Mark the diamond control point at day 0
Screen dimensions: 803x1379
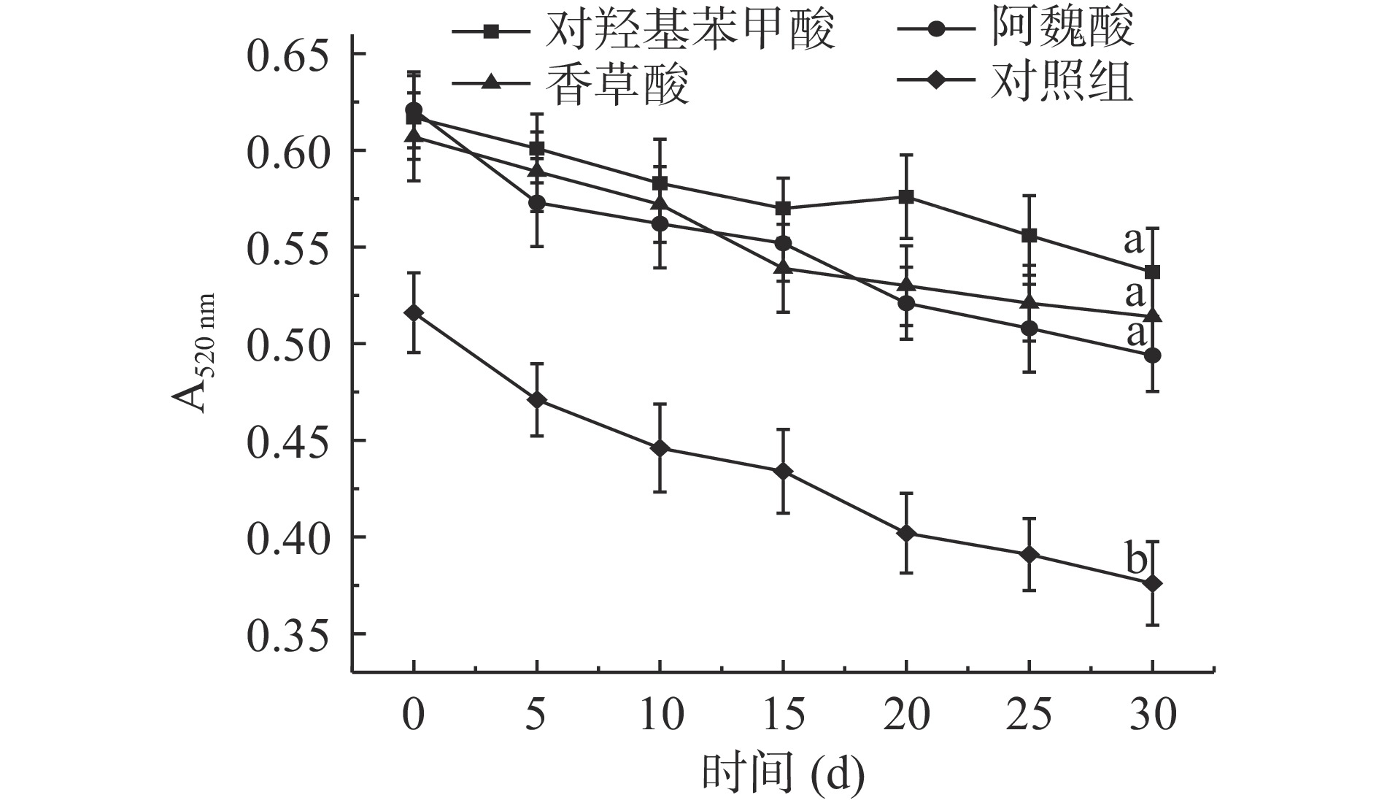coord(414,313)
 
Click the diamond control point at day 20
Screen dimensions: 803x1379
coord(906,534)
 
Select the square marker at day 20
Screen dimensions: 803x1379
coord(906,197)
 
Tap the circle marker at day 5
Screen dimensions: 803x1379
coord(537,203)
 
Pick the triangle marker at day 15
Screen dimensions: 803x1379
coord(783,267)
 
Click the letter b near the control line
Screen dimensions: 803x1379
coord(1135,561)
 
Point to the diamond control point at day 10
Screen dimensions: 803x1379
coord(660,448)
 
